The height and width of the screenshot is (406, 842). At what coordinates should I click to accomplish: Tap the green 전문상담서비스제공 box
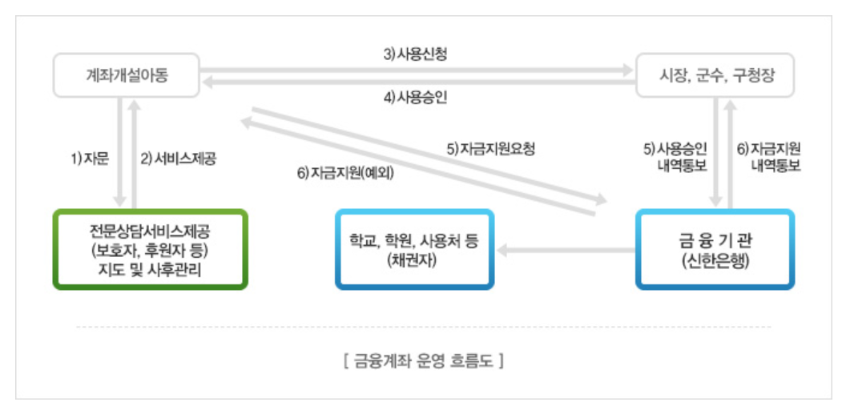pos(150,249)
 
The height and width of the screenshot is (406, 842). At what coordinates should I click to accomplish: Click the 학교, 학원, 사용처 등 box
pos(413,249)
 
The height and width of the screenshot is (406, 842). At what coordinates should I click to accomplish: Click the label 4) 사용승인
pos(415,98)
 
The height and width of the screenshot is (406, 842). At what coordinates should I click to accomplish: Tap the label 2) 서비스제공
pos(179,158)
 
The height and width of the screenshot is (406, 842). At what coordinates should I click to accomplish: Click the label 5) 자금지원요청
pos(490,148)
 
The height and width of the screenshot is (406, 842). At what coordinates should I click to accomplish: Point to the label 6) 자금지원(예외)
pos(346,171)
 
